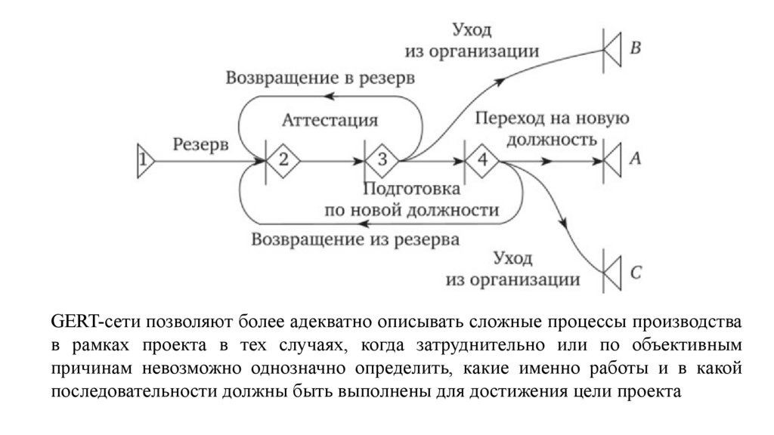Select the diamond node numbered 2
click(283, 160)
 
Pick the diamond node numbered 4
click(481, 160)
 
